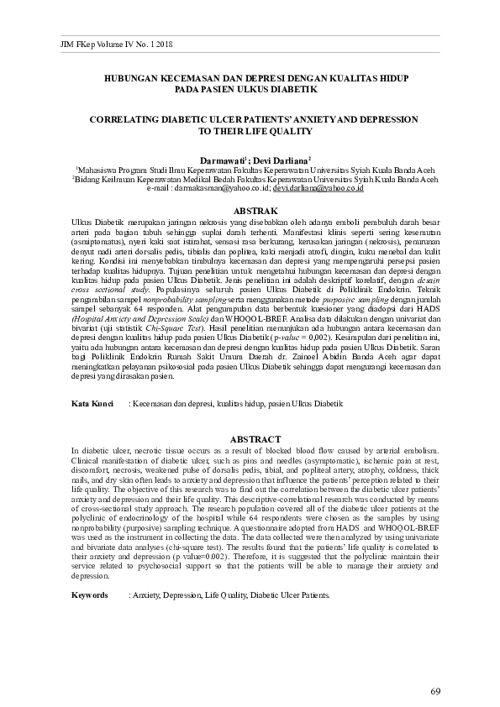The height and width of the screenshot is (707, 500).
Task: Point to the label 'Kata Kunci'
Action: (92, 404)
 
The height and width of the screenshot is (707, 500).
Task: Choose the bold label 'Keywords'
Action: (89, 595)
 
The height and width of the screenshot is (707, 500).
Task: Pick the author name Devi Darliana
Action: (284, 159)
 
